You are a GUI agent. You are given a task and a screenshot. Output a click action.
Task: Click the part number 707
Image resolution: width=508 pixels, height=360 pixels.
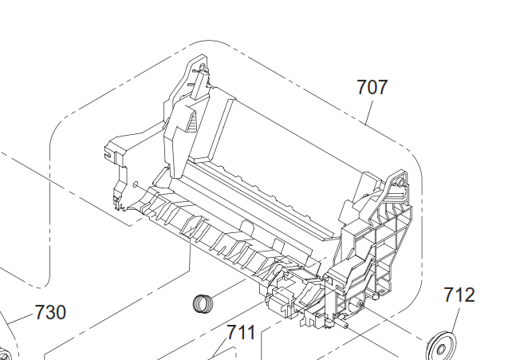372,87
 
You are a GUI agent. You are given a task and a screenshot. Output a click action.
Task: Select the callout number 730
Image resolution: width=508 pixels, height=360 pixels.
50,312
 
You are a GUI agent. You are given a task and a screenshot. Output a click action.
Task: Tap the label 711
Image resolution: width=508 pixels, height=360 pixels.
241,332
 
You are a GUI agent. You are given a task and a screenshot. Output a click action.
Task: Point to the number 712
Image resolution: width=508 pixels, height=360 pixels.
459,295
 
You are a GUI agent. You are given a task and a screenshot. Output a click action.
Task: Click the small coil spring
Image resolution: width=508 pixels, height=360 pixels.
203,303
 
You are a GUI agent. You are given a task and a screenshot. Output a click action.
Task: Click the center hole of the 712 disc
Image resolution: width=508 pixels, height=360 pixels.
441,350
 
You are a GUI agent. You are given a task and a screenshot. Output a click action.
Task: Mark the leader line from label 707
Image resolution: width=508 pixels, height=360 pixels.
369,113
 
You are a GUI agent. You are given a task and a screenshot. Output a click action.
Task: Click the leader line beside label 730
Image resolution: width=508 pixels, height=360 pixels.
21,318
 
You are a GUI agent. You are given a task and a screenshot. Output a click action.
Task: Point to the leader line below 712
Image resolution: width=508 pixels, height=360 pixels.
455,321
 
